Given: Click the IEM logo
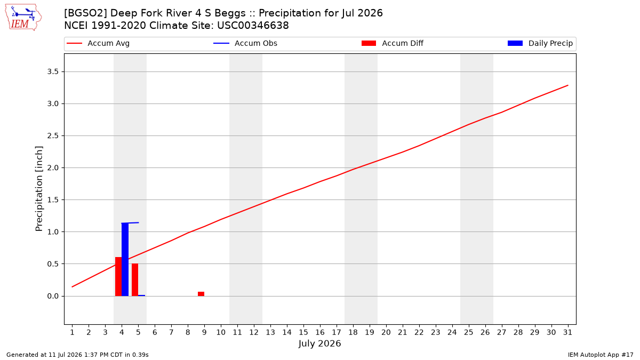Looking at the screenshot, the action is click(x=23, y=18).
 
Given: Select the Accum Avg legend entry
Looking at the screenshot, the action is click(x=98, y=43).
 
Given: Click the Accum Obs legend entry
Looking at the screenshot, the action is click(x=245, y=43).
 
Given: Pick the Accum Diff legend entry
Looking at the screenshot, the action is click(x=393, y=43).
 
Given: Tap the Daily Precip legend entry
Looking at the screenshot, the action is click(x=540, y=43).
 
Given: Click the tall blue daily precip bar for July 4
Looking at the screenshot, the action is click(x=125, y=259).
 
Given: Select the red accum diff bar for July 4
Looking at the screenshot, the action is click(x=118, y=277).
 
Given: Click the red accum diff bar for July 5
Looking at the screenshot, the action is click(x=135, y=279).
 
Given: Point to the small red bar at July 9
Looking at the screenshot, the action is click(x=201, y=294).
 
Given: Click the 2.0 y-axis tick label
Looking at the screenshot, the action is click(x=53, y=167).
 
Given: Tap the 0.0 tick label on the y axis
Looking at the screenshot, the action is click(x=53, y=296).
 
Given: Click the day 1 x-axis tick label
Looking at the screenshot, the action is click(x=73, y=332).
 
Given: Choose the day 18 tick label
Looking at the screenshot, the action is click(x=353, y=332).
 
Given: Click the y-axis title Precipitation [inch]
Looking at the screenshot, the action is click(x=39, y=189).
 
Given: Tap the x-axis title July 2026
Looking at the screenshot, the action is click(x=319, y=343).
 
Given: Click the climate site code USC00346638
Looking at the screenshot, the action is click(x=253, y=26).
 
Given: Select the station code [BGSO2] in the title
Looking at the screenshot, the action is click(x=85, y=13).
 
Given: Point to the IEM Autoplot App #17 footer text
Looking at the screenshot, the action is click(x=601, y=355).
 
